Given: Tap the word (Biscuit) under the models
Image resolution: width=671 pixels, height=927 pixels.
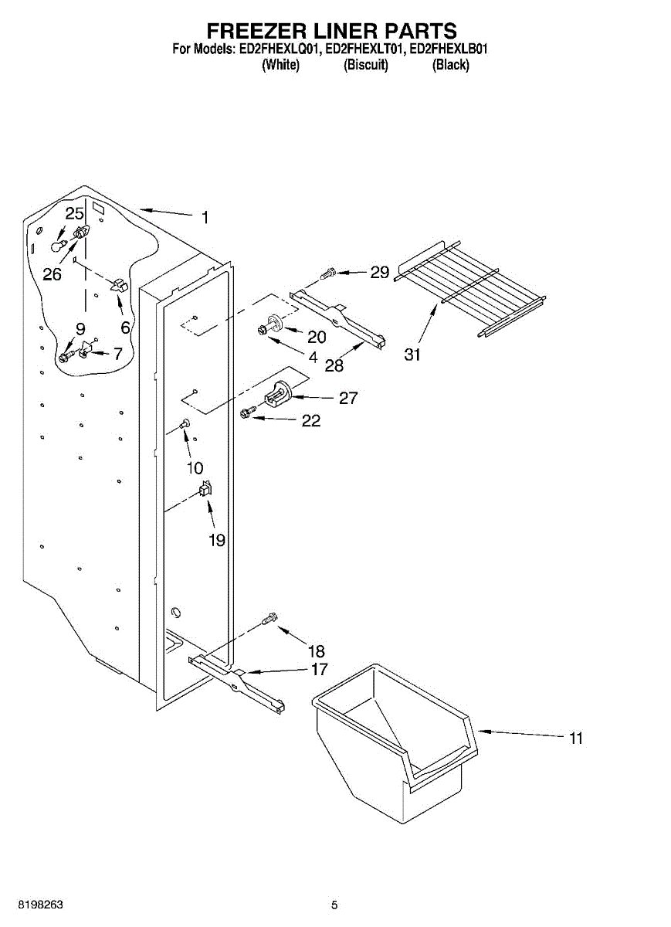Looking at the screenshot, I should (365, 65).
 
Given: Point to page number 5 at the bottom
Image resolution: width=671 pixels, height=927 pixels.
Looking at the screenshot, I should (334, 905).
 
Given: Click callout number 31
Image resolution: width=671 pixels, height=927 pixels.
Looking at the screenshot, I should (412, 355).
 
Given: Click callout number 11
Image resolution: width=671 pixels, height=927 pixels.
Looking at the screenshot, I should (575, 739).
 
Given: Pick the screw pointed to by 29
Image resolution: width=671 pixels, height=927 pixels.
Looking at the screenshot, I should (327, 272).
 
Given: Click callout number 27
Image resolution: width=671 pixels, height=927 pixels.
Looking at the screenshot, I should (348, 398).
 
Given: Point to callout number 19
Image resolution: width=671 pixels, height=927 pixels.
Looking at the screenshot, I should (217, 540).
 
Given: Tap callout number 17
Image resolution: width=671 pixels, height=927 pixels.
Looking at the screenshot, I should (319, 670).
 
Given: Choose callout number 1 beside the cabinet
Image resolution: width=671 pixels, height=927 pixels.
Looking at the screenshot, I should (205, 218).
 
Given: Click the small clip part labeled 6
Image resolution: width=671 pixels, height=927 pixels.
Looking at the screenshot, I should (120, 285).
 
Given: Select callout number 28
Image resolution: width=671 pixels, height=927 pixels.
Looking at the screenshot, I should (334, 365).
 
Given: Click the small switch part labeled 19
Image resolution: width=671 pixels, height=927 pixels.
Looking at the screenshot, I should (205, 488).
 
